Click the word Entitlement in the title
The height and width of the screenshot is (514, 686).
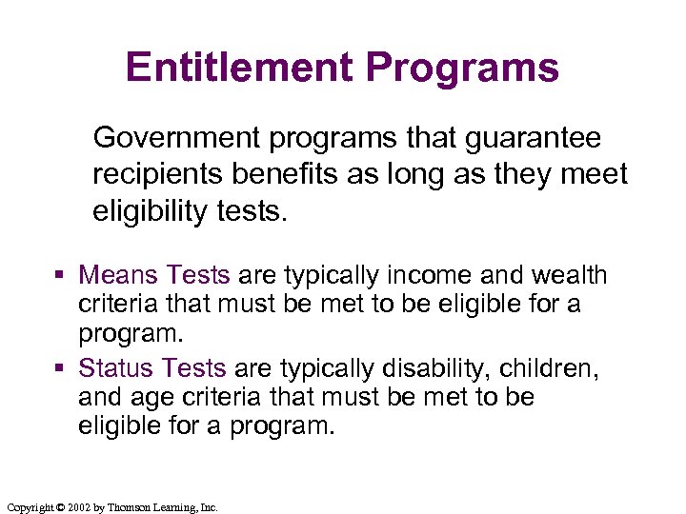click(238, 69)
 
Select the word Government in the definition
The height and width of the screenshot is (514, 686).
click(178, 139)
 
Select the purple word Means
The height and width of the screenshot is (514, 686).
click(118, 276)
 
